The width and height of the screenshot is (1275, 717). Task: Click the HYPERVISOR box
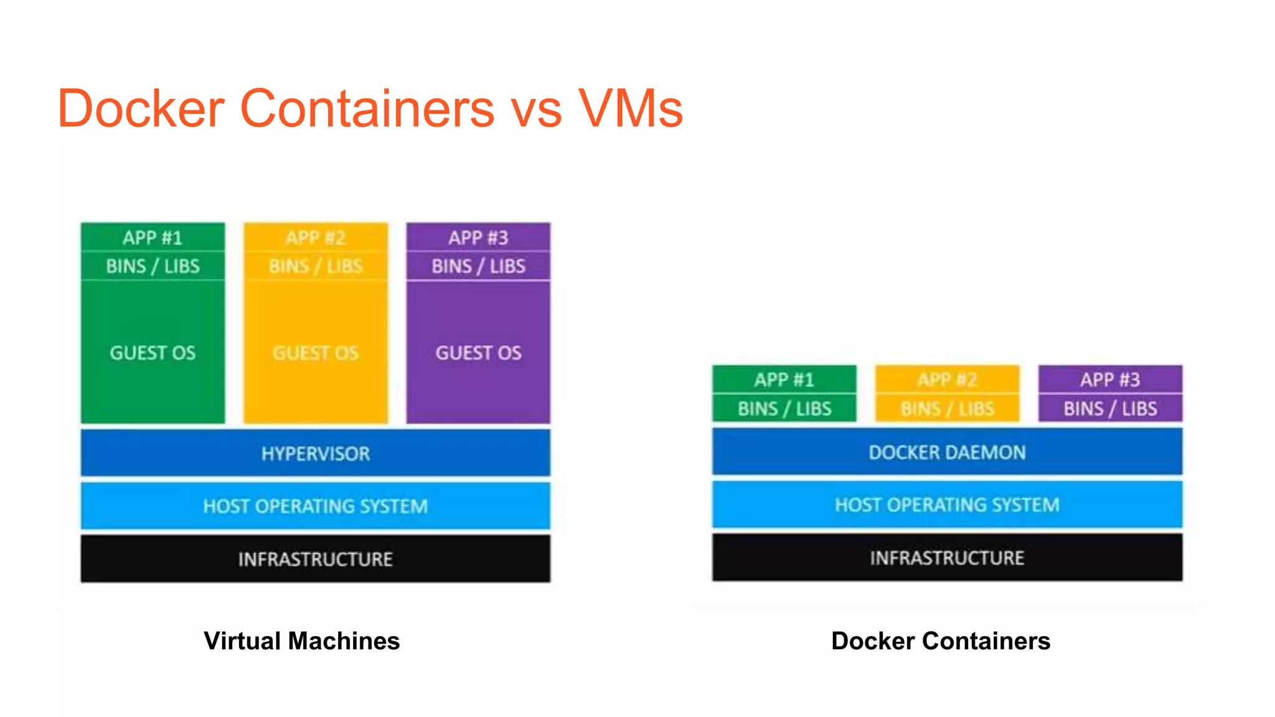point(315,453)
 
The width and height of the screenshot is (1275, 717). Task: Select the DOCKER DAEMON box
point(947,452)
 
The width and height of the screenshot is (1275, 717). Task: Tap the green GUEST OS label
point(153,353)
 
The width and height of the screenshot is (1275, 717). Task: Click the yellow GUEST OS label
point(316,353)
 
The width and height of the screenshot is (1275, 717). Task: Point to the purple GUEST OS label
point(478,353)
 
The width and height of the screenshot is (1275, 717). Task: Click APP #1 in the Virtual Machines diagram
point(153,237)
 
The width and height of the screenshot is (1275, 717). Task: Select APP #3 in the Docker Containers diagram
point(1110,379)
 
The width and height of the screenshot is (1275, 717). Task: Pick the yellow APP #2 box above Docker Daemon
point(947,379)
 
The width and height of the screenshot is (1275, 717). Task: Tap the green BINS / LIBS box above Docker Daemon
point(784,408)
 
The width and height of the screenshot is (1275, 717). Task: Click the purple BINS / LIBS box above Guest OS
point(478,266)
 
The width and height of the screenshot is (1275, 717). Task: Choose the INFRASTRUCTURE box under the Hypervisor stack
point(315,559)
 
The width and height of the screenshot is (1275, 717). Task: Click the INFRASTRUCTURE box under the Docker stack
point(947,558)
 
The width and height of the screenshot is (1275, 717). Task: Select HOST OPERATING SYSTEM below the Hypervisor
point(315,506)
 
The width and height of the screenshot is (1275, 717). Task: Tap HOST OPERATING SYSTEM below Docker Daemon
point(947,505)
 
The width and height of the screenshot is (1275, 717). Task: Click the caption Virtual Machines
point(301,641)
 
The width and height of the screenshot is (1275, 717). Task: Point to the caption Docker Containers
point(941,641)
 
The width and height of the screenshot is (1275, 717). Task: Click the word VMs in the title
point(630,109)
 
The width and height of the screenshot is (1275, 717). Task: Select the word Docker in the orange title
point(141,109)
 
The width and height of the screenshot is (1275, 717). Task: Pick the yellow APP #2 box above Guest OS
point(316,237)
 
